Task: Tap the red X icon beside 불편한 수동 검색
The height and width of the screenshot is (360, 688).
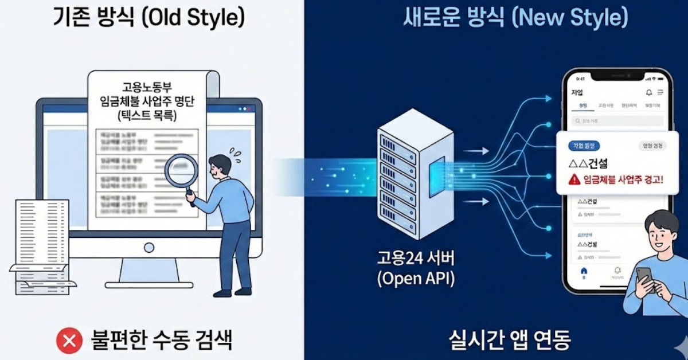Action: pyautogui.click(x=69, y=342)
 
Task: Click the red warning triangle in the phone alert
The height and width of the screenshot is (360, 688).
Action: pyautogui.click(x=574, y=179)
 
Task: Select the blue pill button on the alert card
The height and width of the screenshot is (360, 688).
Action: pyautogui.click(x=583, y=146)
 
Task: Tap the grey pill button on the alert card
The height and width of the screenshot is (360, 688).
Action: pyautogui.click(x=652, y=146)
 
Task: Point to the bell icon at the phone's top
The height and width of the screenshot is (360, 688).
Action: pyautogui.click(x=649, y=92)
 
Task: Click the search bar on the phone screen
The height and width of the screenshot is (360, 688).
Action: pyautogui.click(x=617, y=121)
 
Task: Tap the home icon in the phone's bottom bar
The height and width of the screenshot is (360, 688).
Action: pyautogui.click(x=584, y=271)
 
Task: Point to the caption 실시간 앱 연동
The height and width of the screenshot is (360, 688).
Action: pyautogui.click(x=510, y=341)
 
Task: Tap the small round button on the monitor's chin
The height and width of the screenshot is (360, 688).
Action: pyautogui.click(x=149, y=248)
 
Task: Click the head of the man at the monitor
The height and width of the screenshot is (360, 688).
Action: pyautogui.click(x=221, y=165)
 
